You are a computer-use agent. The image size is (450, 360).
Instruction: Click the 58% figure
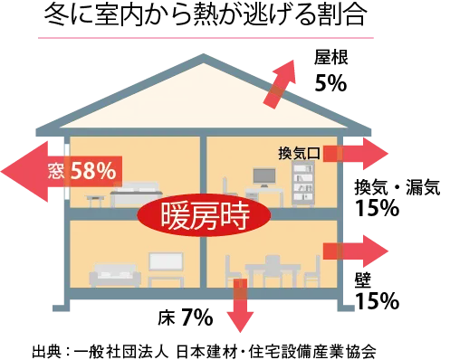pyautogui.click(x=92, y=169)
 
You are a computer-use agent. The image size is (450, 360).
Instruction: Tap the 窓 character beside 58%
pyautogui.click(x=55, y=170)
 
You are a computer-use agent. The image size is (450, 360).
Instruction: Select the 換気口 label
pyautogui.click(x=299, y=153)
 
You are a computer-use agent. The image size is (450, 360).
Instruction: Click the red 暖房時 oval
pyautogui.click(x=204, y=215)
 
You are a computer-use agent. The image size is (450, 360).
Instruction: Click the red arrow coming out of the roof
pyautogui.click(x=281, y=83)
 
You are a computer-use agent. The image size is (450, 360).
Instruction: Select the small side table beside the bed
pyautogui.click(x=95, y=199)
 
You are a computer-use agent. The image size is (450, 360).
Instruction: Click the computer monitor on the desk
pyautogui.click(x=264, y=175)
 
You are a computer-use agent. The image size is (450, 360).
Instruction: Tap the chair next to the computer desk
pyautogui.click(x=230, y=192)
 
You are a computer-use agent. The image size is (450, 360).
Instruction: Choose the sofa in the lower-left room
pyautogui.click(x=115, y=274)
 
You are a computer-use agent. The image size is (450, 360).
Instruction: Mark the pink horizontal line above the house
pyautogui.click(x=206, y=40)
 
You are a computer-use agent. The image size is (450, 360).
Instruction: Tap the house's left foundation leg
pyautogui.click(x=62, y=310)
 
